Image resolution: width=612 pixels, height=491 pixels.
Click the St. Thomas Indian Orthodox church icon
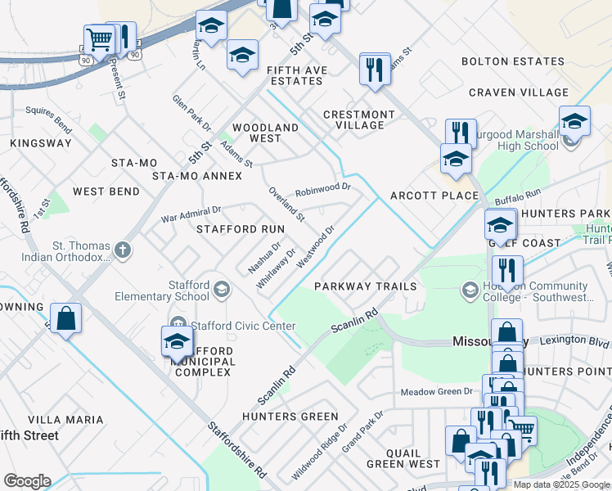pos(123,250)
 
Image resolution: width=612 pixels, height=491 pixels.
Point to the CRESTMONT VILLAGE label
pos(359,119)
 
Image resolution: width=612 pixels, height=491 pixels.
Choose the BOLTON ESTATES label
pos(507,61)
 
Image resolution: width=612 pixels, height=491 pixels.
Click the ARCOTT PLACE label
pos(434,196)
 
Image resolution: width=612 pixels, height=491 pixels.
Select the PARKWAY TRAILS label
pos(365,286)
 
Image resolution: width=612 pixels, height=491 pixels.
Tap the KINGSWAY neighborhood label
pos(41,143)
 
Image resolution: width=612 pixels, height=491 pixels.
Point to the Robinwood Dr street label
pos(322,188)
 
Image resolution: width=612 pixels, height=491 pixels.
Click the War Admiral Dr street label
pos(191,214)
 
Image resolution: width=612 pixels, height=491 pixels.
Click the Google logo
pos(27,481)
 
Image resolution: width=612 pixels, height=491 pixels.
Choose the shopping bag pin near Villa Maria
pos(65,319)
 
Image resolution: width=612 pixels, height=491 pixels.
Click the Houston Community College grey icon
pos(470,290)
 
